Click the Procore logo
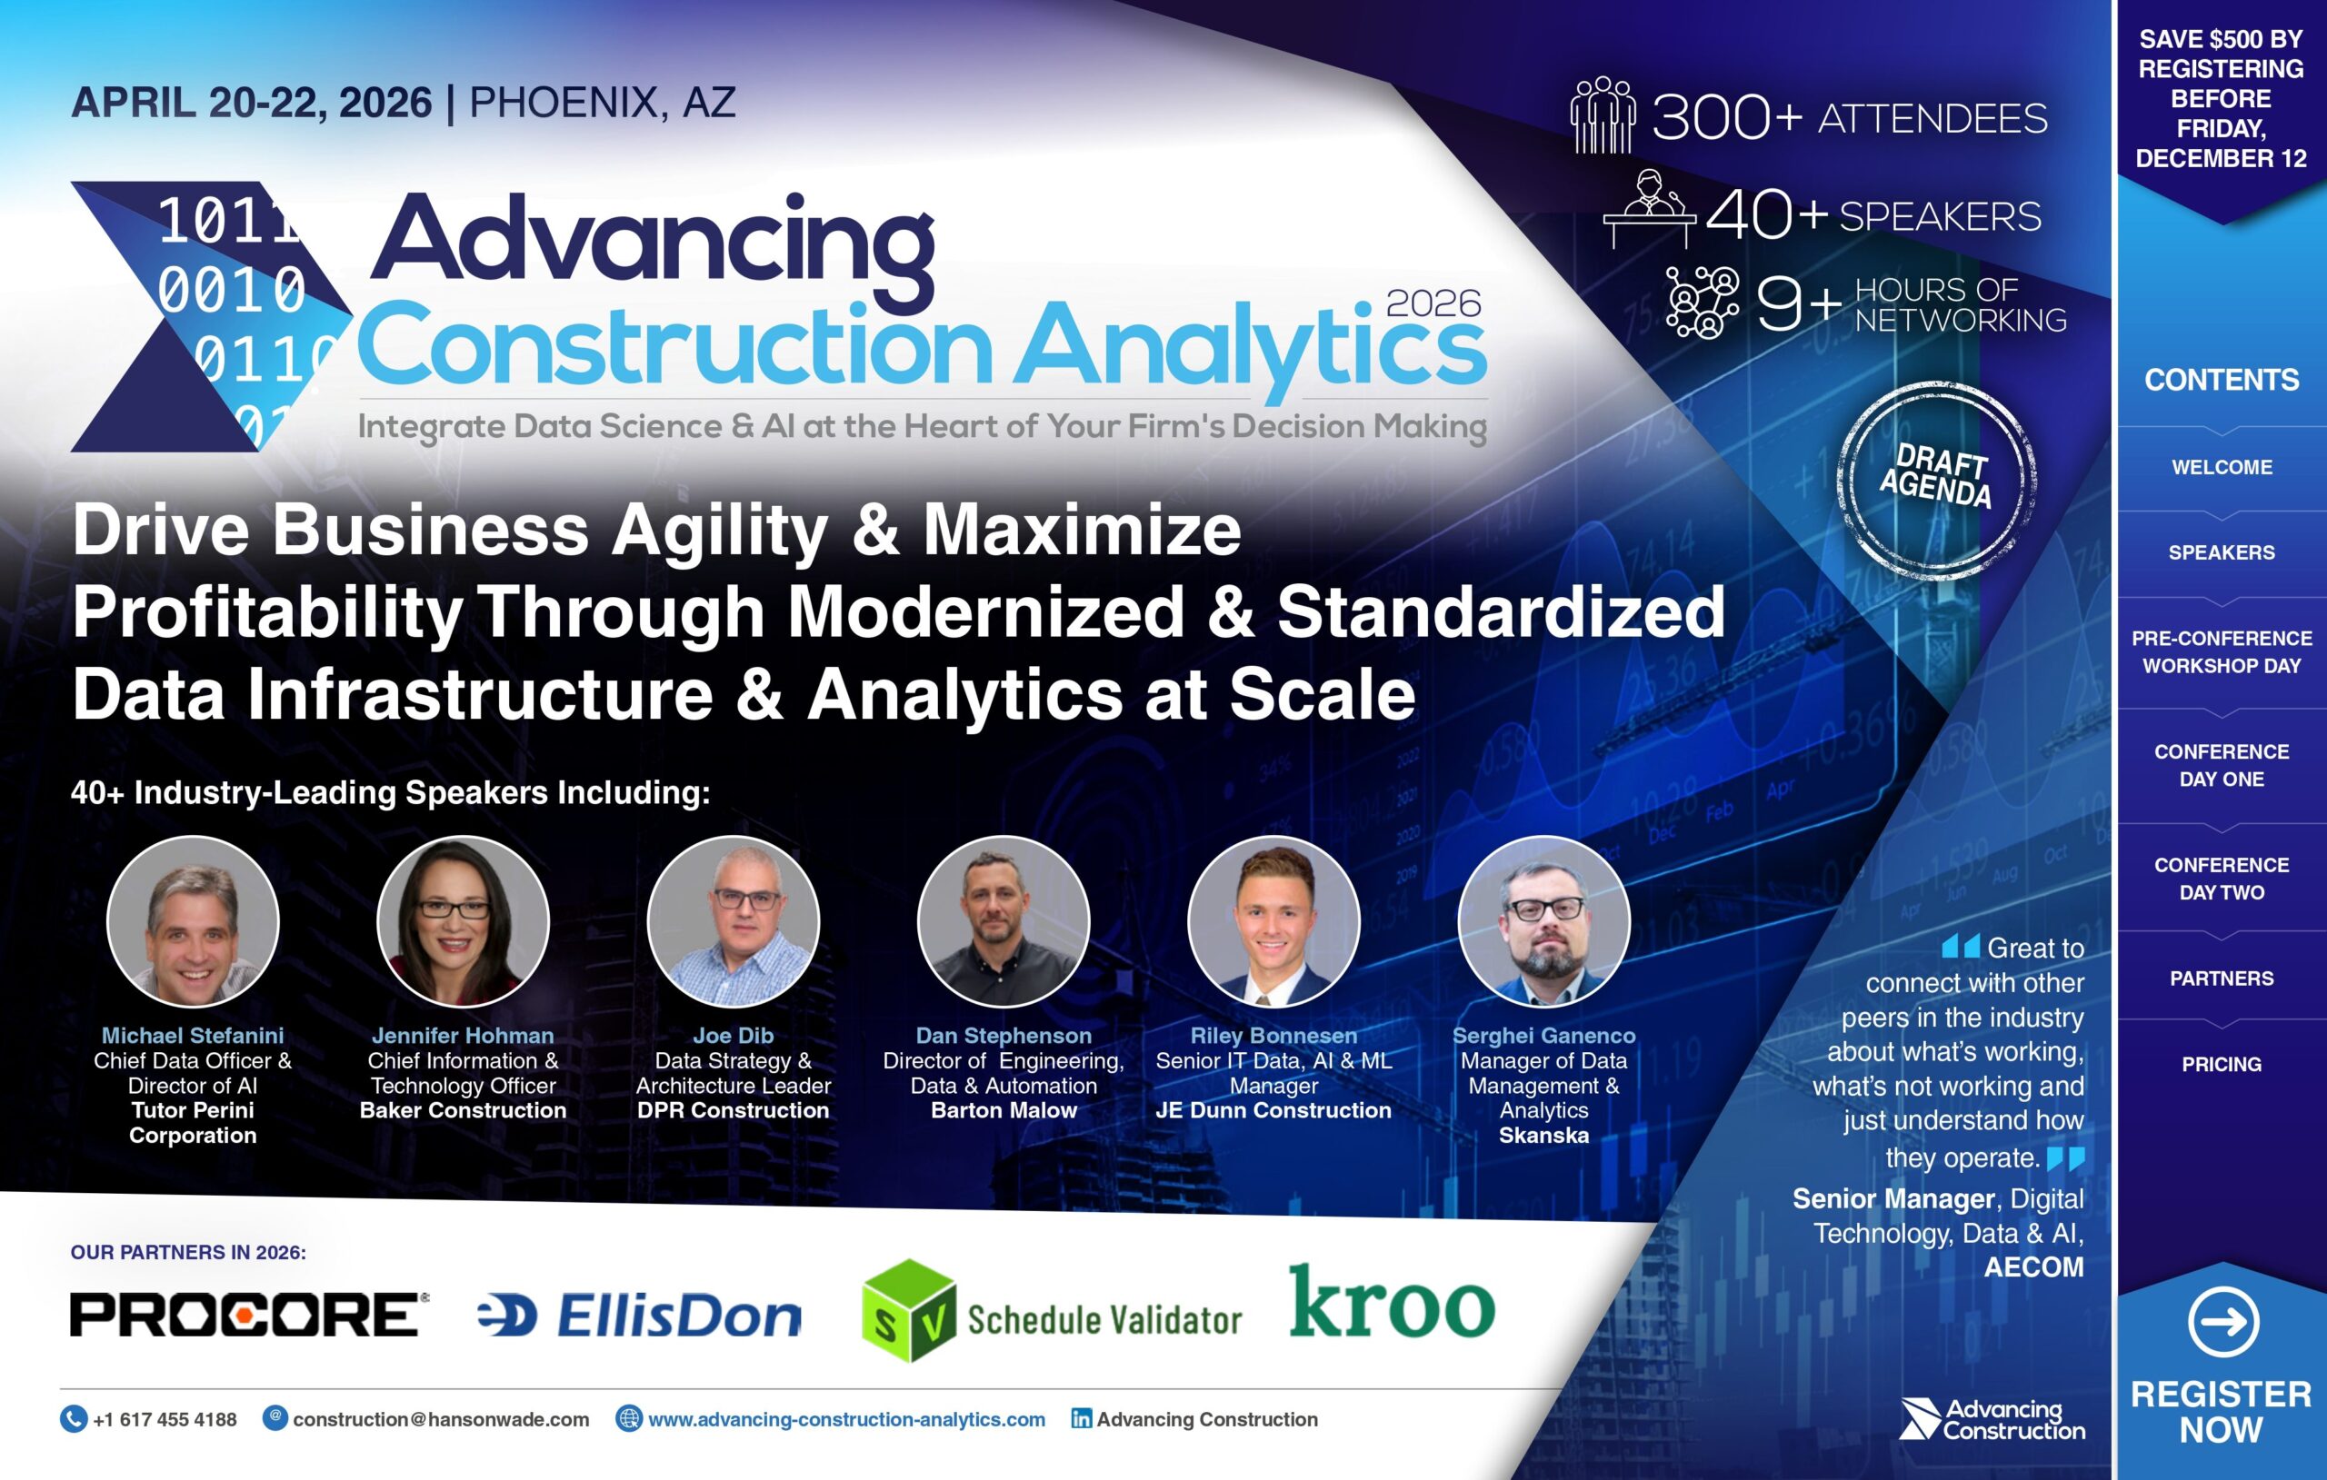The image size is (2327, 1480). (247, 1315)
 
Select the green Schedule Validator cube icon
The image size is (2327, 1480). (908, 1311)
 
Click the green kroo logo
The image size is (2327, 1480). (1392, 1303)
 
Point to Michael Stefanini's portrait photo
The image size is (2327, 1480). (194, 921)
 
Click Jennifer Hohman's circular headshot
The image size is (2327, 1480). (463, 921)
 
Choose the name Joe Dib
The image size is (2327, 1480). (733, 1036)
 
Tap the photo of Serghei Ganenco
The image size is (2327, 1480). (1543, 921)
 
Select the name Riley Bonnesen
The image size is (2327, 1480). (1273, 1036)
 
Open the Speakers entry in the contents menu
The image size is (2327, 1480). (2221, 552)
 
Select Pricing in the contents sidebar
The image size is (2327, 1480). (2221, 1064)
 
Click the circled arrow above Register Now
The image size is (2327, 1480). (2222, 1322)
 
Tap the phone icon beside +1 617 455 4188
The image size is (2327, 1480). (74, 1418)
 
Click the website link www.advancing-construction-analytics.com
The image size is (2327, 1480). (845, 1419)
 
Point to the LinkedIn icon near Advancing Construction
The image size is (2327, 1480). (1082, 1418)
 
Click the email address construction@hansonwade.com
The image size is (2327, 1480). (441, 1419)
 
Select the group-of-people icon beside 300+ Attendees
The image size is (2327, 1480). (1603, 116)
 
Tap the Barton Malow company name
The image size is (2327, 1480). (1004, 1111)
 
